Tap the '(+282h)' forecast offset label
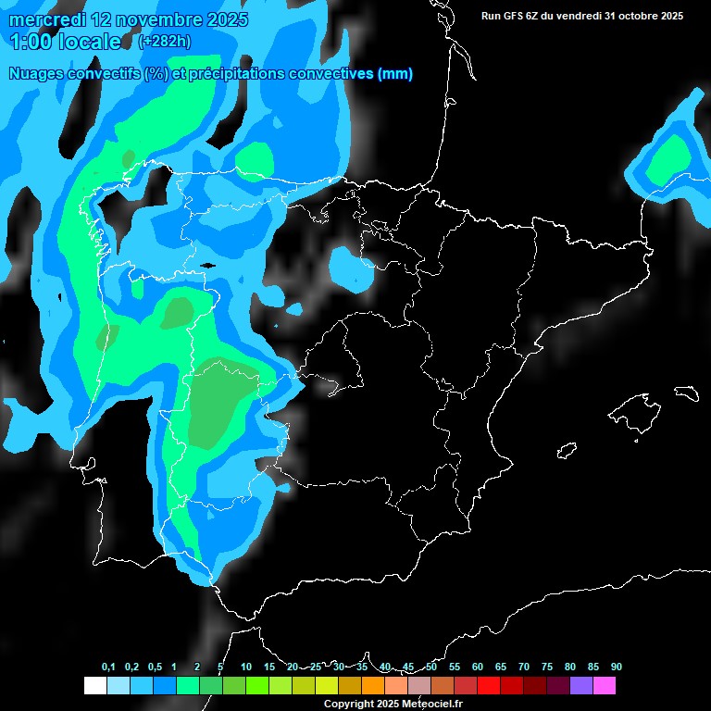(x=164, y=41)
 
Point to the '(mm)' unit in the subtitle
(x=395, y=74)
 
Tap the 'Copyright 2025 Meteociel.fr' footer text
(x=393, y=704)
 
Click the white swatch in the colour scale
(x=94, y=685)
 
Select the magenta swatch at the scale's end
(x=605, y=685)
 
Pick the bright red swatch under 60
(x=488, y=685)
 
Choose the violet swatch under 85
(x=581, y=685)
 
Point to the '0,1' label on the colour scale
(x=108, y=667)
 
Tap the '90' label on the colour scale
(x=617, y=667)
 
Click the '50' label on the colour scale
(x=431, y=667)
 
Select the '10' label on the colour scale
(x=246, y=667)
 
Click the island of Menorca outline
(x=686, y=393)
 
